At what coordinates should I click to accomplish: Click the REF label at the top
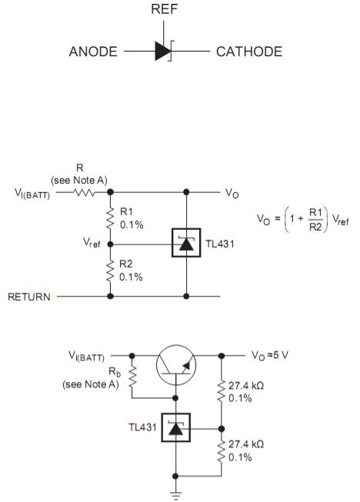point(164,8)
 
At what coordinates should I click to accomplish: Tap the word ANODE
point(93,52)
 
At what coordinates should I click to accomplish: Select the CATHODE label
point(249,52)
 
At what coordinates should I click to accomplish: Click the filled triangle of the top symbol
point(162,51)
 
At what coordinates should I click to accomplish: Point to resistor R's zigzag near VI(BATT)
point(84,192)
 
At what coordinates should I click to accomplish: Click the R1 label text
point(126,211)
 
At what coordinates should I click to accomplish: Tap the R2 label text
point(126,264)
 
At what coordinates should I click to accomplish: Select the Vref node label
point(92,242)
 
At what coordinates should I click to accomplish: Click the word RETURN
point(29,297)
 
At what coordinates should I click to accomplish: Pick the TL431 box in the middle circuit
point(186,243)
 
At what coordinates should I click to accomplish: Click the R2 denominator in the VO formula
point(315,227)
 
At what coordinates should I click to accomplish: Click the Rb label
point(115,372)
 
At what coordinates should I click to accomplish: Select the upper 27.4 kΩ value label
point(246,385)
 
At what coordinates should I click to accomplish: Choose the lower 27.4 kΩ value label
point(246,444)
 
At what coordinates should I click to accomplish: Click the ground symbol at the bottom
point(175,495)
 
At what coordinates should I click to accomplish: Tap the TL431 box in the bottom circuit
point(176,427)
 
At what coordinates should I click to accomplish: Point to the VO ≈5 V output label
point(270,355)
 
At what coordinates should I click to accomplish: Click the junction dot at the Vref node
point(110,244)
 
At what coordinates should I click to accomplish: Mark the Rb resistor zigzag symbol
point(132,377)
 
